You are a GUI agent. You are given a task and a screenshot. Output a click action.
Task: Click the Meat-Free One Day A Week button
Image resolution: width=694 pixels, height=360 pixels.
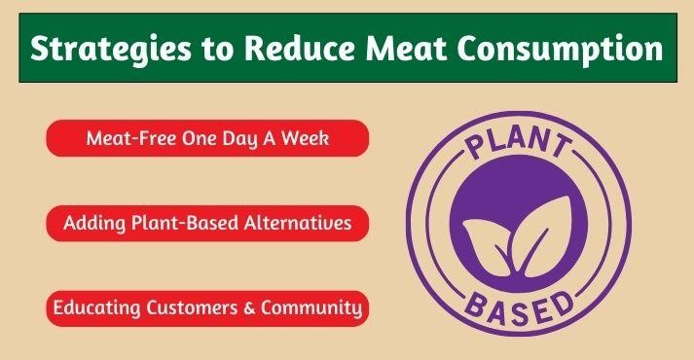[x=207, y=138]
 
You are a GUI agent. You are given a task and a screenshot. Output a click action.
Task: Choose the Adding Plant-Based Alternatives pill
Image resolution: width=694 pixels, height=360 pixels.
[x=207, y=223]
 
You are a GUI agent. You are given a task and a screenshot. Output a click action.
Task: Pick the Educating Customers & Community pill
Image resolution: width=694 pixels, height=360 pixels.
[x=207, y=308]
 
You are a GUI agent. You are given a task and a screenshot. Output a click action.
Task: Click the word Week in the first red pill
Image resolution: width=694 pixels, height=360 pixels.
[x=305, y=138]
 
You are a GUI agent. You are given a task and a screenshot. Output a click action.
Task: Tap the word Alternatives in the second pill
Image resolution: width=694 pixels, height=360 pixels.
[x=302, y=223]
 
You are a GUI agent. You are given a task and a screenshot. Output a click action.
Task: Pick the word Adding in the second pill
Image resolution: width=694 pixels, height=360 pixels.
[x=89, y=223]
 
